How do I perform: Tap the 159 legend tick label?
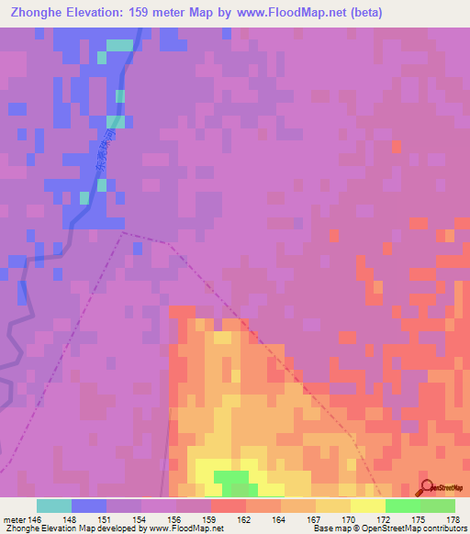[211, 518]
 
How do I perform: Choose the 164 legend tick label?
[281, 518]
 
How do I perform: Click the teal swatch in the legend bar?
[54, 506]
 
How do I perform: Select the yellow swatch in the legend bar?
[368, 506]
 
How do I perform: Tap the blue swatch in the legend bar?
[89, 506]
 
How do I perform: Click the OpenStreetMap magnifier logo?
[428, 486]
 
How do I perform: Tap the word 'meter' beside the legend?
[15, 518]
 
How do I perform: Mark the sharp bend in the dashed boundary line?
[124, 232]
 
